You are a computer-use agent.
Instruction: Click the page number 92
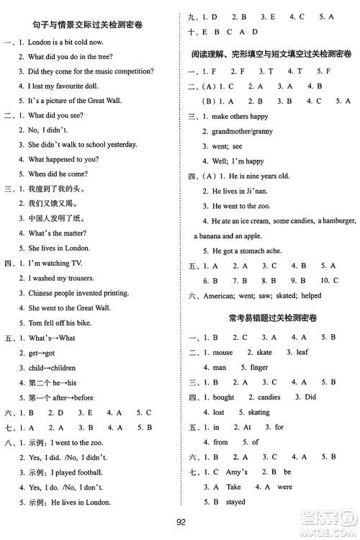click(180, 523)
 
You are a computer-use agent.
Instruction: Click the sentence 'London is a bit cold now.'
click(66, 41)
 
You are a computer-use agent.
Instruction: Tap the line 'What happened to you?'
click(63, 159)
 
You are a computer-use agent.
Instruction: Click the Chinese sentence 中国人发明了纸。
click(55, 218)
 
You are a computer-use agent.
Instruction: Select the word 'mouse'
click(223, 352)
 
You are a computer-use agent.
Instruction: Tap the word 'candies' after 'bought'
click(269, 397)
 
